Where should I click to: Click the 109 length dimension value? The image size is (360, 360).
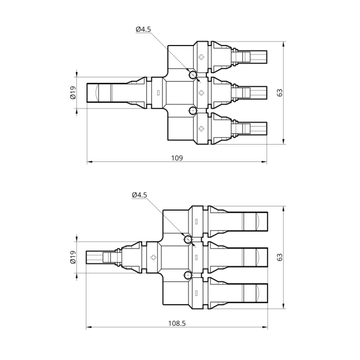177,158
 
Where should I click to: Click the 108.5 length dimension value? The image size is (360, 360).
177,323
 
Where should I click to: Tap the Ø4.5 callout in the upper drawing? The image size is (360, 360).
143,29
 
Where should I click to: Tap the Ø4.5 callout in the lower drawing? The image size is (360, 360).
139,195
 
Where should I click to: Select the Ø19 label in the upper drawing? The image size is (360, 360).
73,92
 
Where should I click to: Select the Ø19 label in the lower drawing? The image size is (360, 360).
73,257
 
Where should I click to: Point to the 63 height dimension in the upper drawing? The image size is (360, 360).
280,92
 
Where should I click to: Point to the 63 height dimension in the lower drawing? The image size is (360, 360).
280,257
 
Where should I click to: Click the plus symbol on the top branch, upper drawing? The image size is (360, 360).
202,57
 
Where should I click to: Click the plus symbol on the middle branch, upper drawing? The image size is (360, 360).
202,93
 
